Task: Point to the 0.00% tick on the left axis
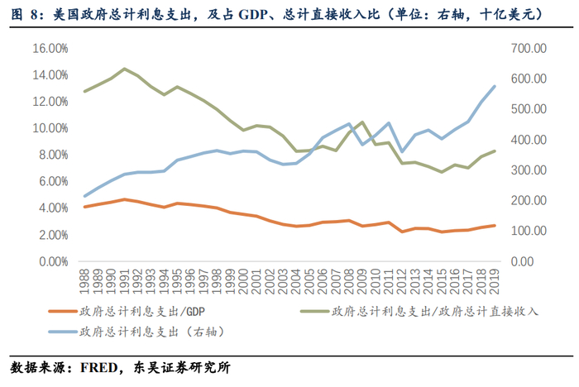pos(52,261)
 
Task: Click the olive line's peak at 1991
pos(124,69)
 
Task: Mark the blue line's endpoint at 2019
pos(495,86)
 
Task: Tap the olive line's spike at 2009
pos(362,122)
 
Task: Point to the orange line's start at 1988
pos(85,207)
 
